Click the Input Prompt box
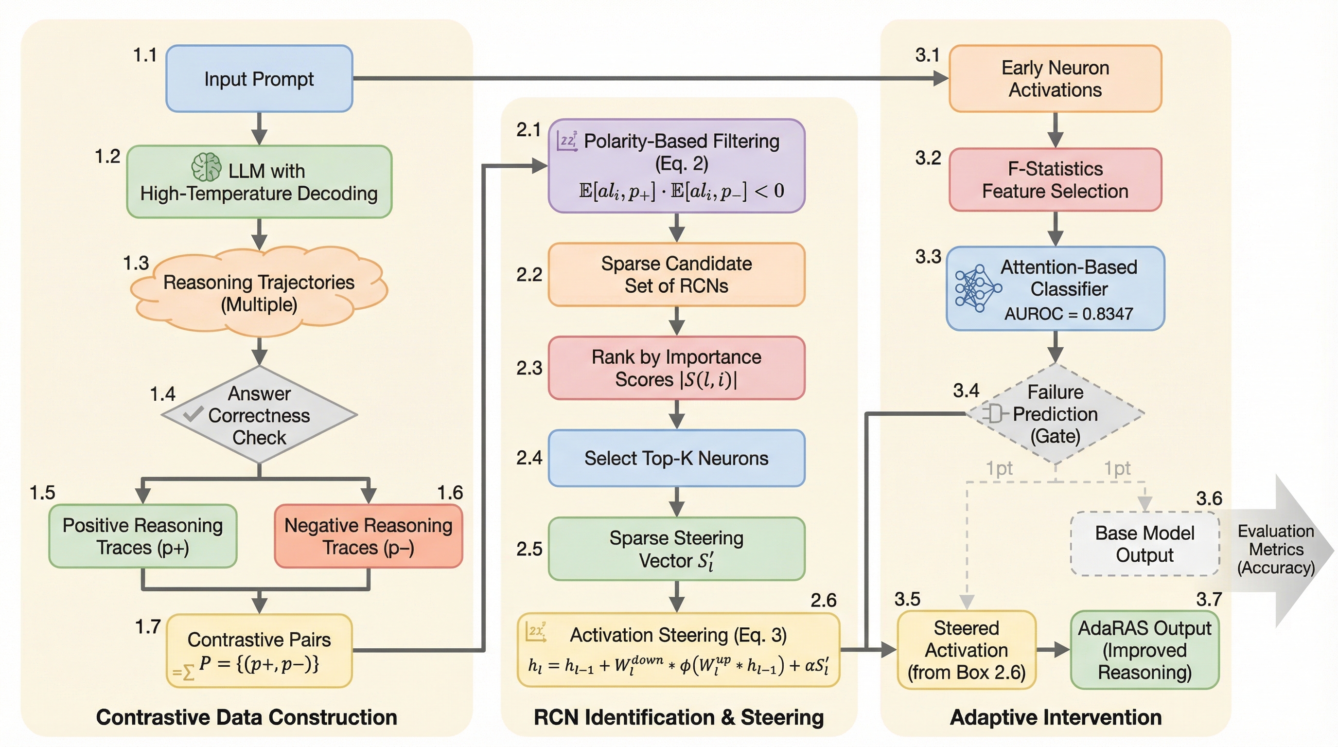pos(259,78)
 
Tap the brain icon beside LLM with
pos(206,167)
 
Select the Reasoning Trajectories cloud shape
pos(259,293)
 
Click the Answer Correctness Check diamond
pos(259,415)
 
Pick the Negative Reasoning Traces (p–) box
pos(368,536)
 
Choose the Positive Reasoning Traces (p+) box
pos(143,536)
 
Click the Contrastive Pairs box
pos(259,651)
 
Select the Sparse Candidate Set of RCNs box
pos(676,274)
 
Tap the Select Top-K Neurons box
pos(676,458)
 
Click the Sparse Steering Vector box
pos(676,549)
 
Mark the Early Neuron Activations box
pos(1055,78)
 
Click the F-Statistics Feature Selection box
pos(1055,180)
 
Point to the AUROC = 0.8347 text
pos(1069,314)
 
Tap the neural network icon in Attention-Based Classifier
pos(976,288)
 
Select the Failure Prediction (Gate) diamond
pos(1055,414)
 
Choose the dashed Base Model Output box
pos(1145,544)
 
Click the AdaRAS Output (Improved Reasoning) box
pos(1145,650)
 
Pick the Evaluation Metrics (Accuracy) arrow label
pos(1276,549)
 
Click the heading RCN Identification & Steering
pos(678,717)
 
